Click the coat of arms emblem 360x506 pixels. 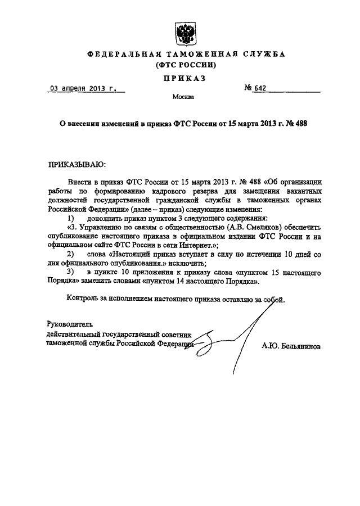(185, 34)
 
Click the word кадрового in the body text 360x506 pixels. (167, 192)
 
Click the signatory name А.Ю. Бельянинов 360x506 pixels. (291, 347)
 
